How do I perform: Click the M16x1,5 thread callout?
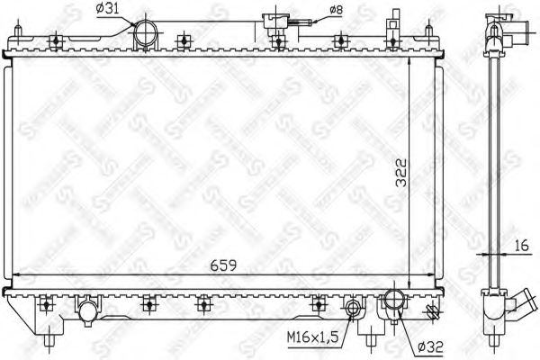point(312,337)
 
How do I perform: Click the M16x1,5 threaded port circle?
point(354,311)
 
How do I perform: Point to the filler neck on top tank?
point(271,22)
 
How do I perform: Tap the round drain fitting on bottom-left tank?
point(86,312)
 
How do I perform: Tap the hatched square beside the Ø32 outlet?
point(430,311)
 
